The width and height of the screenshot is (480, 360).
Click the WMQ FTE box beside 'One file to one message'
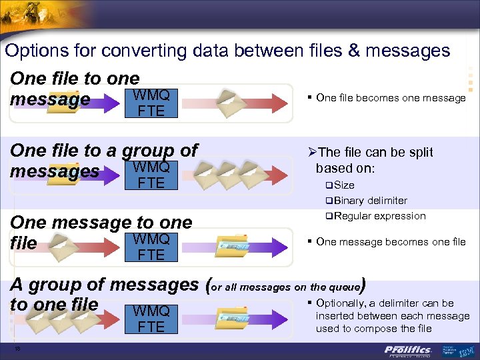click(x=151, y=103)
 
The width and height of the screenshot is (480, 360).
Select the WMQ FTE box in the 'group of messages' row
click(x=151, y=175)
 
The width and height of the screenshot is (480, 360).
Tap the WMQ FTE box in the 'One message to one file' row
click(x=151, y=247)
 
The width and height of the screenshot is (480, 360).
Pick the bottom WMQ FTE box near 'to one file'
click(x=151, y=319)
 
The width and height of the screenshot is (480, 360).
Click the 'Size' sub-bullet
click(x=344, y=185)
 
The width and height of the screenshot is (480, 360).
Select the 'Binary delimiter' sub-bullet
click(x=371, y=200)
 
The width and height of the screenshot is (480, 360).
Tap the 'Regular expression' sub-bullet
click(x=380, y=215)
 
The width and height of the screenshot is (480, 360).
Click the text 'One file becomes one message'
click(x=391, y=98)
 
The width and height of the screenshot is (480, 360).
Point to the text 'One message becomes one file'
click(x=391, y=241)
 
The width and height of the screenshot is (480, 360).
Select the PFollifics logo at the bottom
click(x=408, y=350)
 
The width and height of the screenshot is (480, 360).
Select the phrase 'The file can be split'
click(x=374, y=153)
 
